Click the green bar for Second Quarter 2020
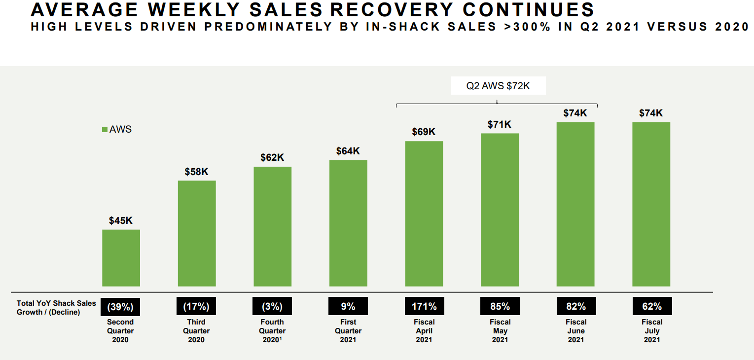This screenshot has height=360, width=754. [121, 258]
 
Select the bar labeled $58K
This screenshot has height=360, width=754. [197, 233]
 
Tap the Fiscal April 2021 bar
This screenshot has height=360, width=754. [424, 214]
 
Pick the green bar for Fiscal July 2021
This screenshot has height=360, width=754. [651, 204]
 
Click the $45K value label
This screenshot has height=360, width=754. [121, 220]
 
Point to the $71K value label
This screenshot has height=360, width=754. [500, 124]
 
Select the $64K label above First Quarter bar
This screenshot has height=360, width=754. [348, 151]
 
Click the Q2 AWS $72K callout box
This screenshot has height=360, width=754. [498, 86]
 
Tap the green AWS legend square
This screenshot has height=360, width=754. [105, 130]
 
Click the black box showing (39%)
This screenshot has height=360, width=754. [120, 307]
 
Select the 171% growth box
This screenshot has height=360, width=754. [424, 307]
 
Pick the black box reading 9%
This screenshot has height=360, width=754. [348, 307]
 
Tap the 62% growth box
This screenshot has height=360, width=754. [651, 307]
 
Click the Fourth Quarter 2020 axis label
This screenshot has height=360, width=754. [272, 330]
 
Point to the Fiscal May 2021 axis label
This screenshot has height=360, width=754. [500, 330]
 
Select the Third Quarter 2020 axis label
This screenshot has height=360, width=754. [196, 330]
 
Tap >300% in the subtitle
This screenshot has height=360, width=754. [527, 27]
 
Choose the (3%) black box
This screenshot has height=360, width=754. [272, 307]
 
